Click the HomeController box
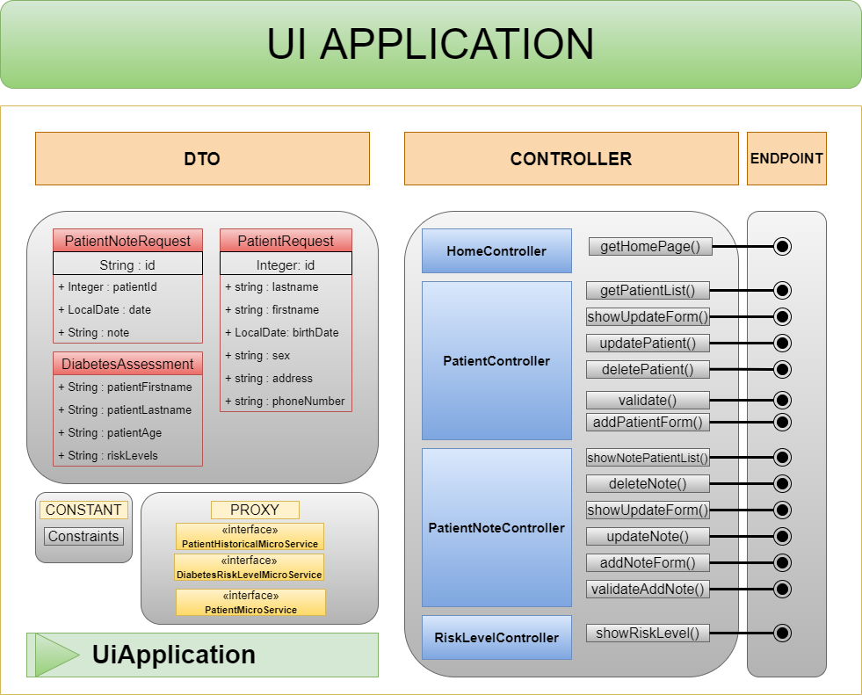click(x=496, y=251)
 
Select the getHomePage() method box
click(x=649, y=247)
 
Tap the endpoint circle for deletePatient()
click(x=782, y=369)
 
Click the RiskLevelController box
click(x=496, y=638)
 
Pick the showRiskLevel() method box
click(x=648, y=633)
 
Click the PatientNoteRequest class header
click(x=127, y=241)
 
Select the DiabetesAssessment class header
click(x=127, y=364)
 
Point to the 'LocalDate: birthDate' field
click(x=286, y=333)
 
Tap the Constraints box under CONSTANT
click(x=83, y=537)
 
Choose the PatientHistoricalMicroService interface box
click(x=250, y=537)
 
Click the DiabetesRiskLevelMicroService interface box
click(x=249, y=568)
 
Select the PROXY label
click(x=255, y=510)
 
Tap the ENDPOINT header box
click(x=786, y=159)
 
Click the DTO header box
click(x=202, y=159)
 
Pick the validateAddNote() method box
click(x=648, y=589)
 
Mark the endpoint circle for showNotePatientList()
click(x=782, y=457)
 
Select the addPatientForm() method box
click(x=648, y=423)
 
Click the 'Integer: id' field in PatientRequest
click(x=286, y=264)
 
